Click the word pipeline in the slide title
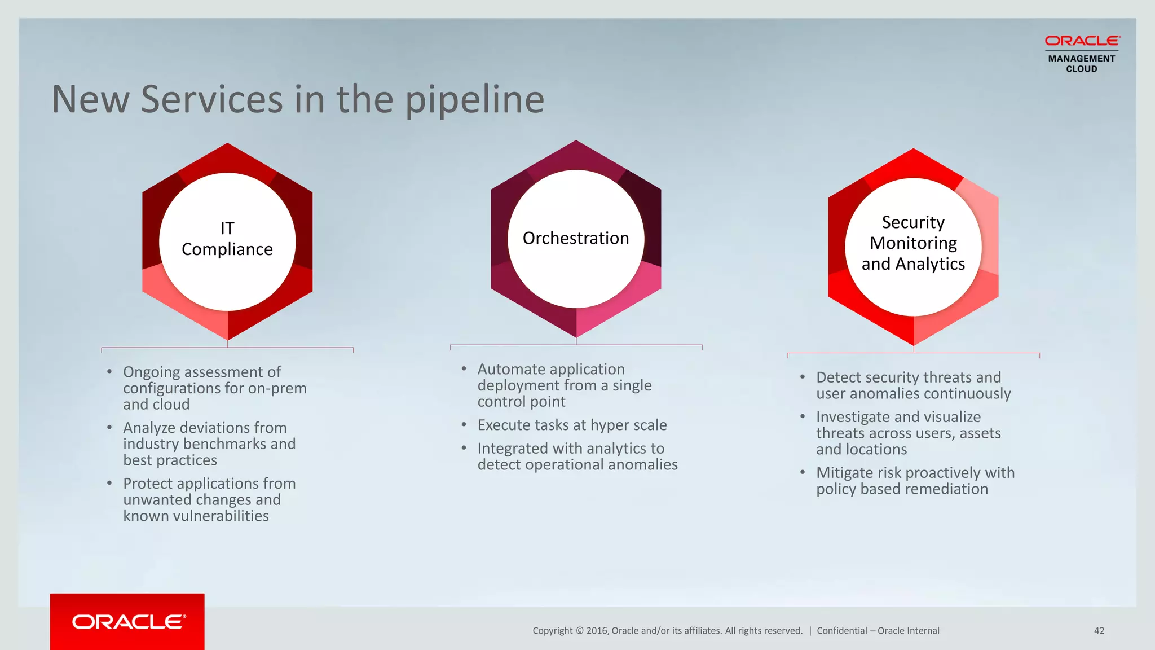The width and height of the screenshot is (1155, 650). pos(475,100)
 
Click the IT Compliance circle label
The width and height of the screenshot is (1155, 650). pos(227,239)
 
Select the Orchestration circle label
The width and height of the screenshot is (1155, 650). pos(576,238)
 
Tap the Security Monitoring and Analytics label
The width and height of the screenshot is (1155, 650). pos(913,243)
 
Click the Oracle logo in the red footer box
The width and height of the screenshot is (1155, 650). pos(129,622)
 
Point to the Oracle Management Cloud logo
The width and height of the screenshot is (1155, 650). pos(1082,54)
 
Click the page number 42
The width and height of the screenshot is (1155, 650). pos(1099,631)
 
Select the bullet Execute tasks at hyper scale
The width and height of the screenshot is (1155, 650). pos(572,425)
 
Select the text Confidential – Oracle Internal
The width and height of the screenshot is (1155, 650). pos(878,631)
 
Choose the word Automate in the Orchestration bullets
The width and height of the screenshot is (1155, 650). pos(511,370)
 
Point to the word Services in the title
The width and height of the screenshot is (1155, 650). pos(211,100)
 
